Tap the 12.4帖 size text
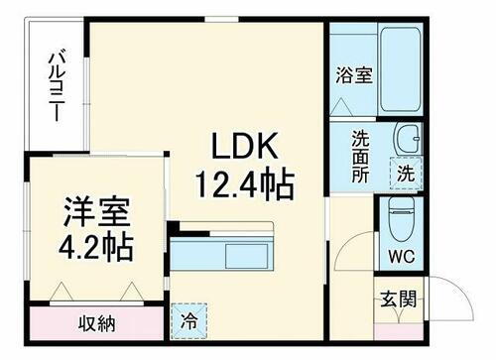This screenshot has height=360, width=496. coord(251,183)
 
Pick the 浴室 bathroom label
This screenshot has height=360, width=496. coord(353,74)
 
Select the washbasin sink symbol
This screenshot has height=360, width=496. coord(407,139)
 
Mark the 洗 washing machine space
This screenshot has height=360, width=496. coord(408,172)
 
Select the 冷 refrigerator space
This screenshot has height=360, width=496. coord(188,319)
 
